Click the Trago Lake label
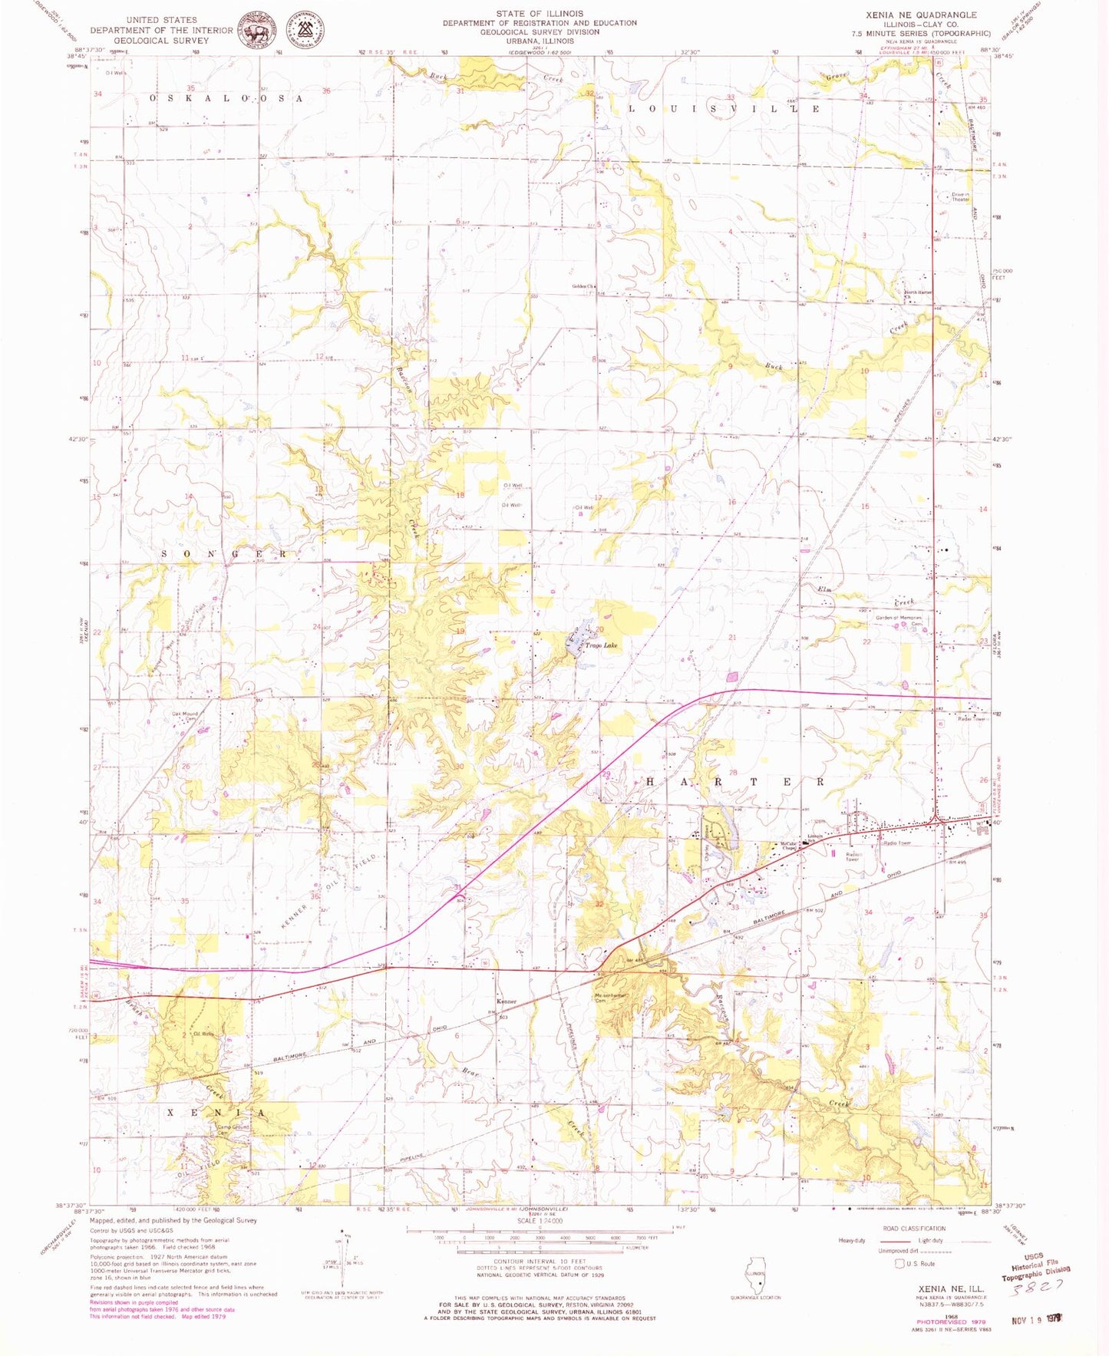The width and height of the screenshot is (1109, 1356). click(601, 645)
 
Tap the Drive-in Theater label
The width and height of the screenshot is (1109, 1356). click(960, 196)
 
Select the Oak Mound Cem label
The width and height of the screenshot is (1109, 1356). click(184, 716)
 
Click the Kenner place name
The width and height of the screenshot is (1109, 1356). click(507, 1002)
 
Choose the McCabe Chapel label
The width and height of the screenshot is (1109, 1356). click(788, 846)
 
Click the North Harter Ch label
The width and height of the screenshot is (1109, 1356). click(918, 294)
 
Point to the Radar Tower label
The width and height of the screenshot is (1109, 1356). click(970, 719)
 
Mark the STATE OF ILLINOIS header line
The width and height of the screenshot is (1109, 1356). click(539, 14)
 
